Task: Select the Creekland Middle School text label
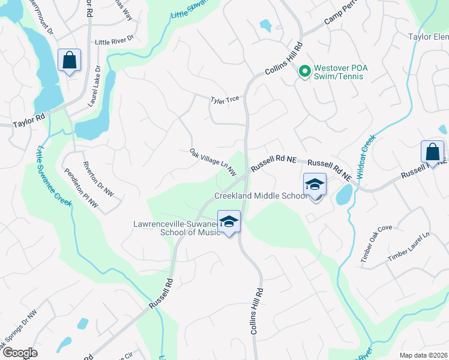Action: click(262, 196)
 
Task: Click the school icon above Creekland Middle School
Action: click(315, 185)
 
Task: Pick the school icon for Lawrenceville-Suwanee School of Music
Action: click(229, 222)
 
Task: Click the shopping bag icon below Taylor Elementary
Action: click(432, 152)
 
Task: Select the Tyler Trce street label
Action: click(224, 100)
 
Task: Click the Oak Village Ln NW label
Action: click(211, 163)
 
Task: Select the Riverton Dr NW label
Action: click(98, 179)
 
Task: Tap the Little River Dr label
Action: click(113, 43)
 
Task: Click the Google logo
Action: click(20, 353)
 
